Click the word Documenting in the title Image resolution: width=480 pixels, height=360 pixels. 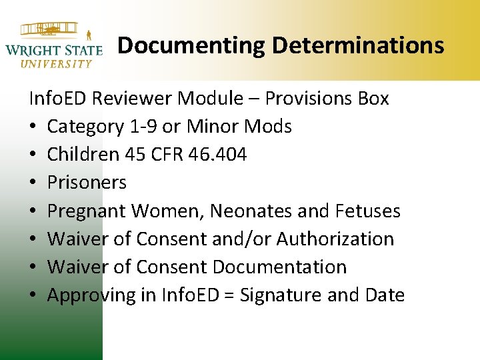tap(191, 45)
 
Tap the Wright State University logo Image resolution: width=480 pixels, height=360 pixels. tap(53, 45)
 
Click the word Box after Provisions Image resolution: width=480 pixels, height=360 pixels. tap(373, 99)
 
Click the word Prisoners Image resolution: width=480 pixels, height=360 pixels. tap(87, 183)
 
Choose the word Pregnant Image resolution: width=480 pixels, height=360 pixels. tap(87, 211)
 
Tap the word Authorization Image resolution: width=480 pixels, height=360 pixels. tap(335, 239)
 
